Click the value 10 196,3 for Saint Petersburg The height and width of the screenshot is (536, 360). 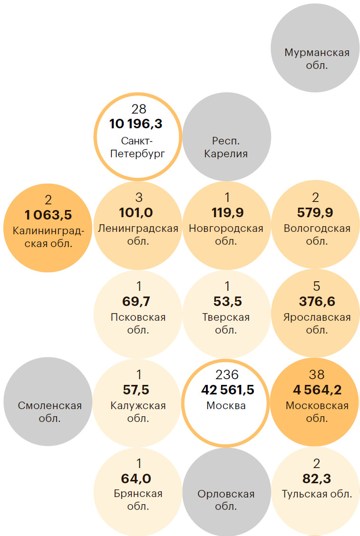coord(136,124)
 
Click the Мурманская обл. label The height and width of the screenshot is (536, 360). coord(317,58)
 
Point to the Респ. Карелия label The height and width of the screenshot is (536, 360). coord(226,147)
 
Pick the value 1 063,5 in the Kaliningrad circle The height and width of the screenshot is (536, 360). coord(48,215)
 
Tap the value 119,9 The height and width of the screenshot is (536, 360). coord(226,212)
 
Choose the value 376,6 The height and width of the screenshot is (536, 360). coord(317,301)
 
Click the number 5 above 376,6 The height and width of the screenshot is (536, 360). coord(317,286)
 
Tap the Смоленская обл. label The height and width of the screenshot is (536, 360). coord(50,412)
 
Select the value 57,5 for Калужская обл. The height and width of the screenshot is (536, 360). coord(136,390)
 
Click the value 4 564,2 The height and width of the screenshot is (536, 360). coord(317,390)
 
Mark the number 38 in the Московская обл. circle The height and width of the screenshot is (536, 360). coord(317,374)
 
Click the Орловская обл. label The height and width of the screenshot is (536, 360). coord(226,500)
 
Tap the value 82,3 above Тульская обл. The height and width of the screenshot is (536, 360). coord(317,479)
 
